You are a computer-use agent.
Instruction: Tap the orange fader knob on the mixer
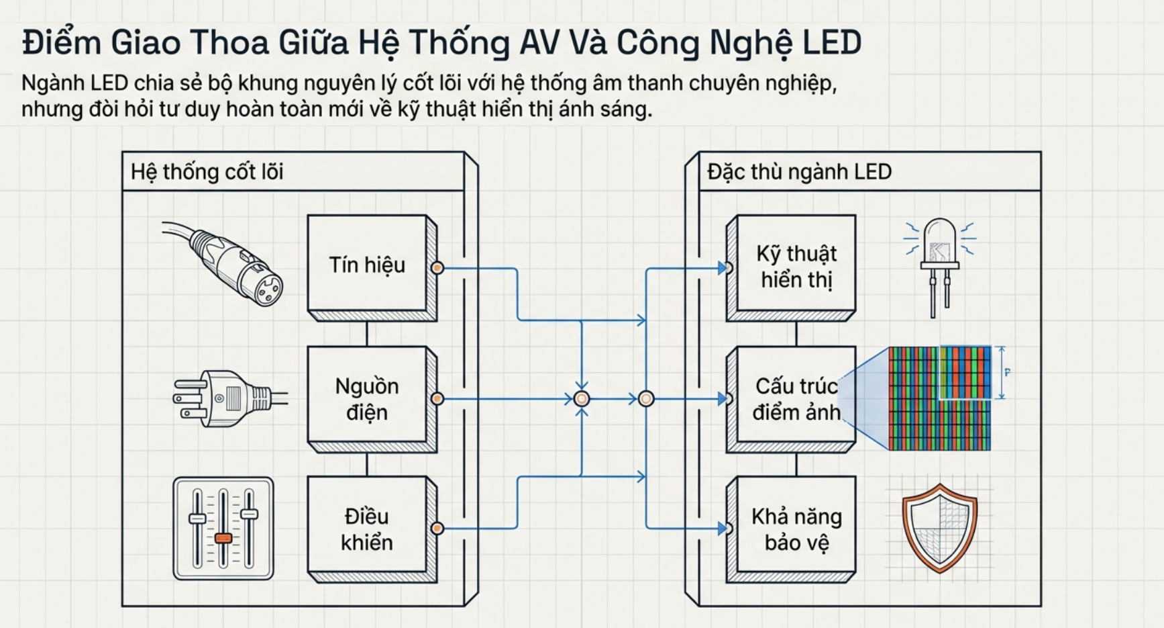click(223, 538)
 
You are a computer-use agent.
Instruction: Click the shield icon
click(939, 528)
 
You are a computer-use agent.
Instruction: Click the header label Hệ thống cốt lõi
click(207, 172)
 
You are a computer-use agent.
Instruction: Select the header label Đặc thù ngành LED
click(799, 172)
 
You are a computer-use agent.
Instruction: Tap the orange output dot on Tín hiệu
click(437, 268)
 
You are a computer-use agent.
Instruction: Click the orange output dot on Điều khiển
click(437, 529)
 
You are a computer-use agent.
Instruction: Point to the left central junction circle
click(582, 399)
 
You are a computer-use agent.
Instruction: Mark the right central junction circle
click(646, 399)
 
